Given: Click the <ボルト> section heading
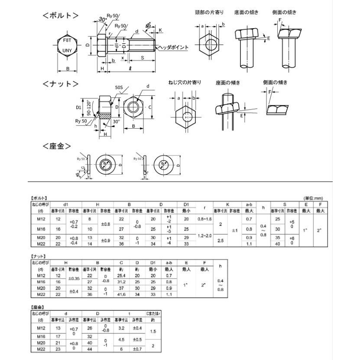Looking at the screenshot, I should coord(61,16).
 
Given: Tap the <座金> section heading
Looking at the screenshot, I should coord(56,146).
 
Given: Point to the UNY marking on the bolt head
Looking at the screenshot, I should coord(68,50).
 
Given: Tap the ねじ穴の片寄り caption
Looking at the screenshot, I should coord(185,82).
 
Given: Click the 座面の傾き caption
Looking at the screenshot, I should coord(228,82).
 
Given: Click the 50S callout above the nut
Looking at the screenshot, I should coord(119,88).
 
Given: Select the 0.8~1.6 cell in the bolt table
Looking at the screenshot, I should coord(205,219).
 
